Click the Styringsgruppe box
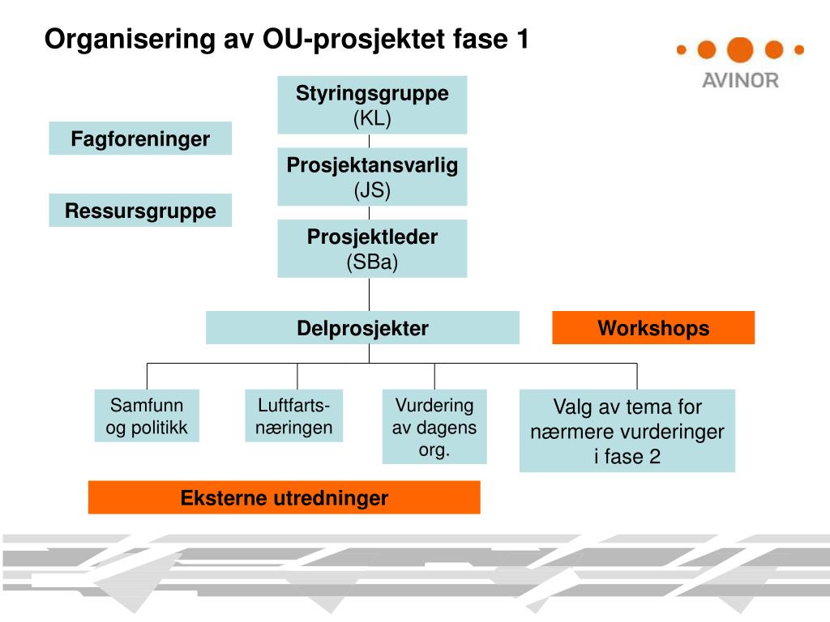(372, 104)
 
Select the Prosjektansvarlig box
(372, 177)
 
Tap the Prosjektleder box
(372, 248)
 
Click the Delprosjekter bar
(362, 328)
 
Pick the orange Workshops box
(653, 328)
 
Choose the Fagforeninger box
(140, 138)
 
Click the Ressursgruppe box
(140, 211)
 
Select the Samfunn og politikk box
(147, 416)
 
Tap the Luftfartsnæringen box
(294, 416)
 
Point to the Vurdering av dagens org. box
(434, 428)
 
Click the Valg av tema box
(627, 431)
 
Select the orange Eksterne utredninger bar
(284, 497)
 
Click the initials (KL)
(372, 118)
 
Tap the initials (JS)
(372, 191)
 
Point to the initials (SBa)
(372, 262)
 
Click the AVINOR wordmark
(740, 80)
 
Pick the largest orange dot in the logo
(740, 49)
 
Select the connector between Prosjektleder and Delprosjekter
(370, 294)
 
